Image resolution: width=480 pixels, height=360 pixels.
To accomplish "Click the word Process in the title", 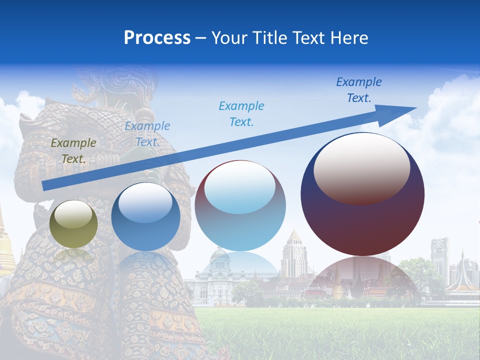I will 157,37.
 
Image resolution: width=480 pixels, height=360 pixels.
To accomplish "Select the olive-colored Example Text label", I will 73,151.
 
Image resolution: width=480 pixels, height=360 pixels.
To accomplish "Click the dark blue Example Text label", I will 358,90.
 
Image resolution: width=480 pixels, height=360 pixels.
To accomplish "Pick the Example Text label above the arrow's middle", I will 241,114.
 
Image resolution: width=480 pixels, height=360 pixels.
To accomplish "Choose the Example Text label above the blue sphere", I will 147,134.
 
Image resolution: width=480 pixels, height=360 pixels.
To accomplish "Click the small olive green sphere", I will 73,224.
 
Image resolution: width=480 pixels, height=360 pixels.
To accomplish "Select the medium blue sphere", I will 145,217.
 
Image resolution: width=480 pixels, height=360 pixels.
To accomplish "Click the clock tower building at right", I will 440,257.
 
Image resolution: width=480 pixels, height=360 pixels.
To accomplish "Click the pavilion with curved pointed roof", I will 462,282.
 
